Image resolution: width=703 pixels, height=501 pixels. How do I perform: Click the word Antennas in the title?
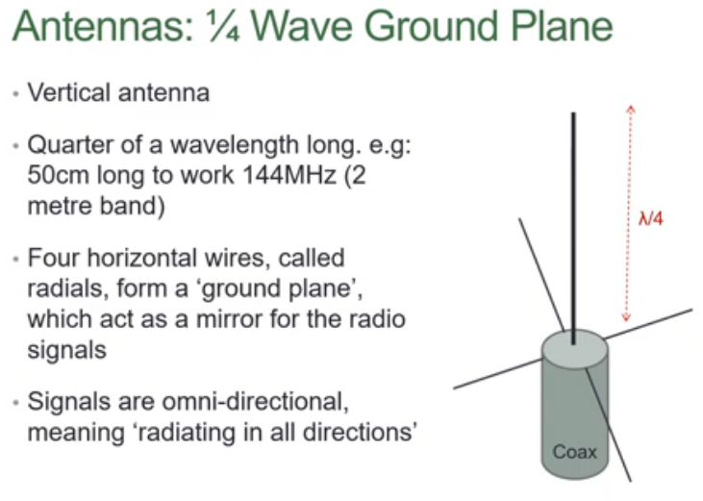click(87, 26)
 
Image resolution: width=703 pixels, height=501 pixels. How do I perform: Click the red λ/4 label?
click(651, 219)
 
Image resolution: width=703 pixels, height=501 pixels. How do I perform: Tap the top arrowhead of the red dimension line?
click(629, 108)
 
